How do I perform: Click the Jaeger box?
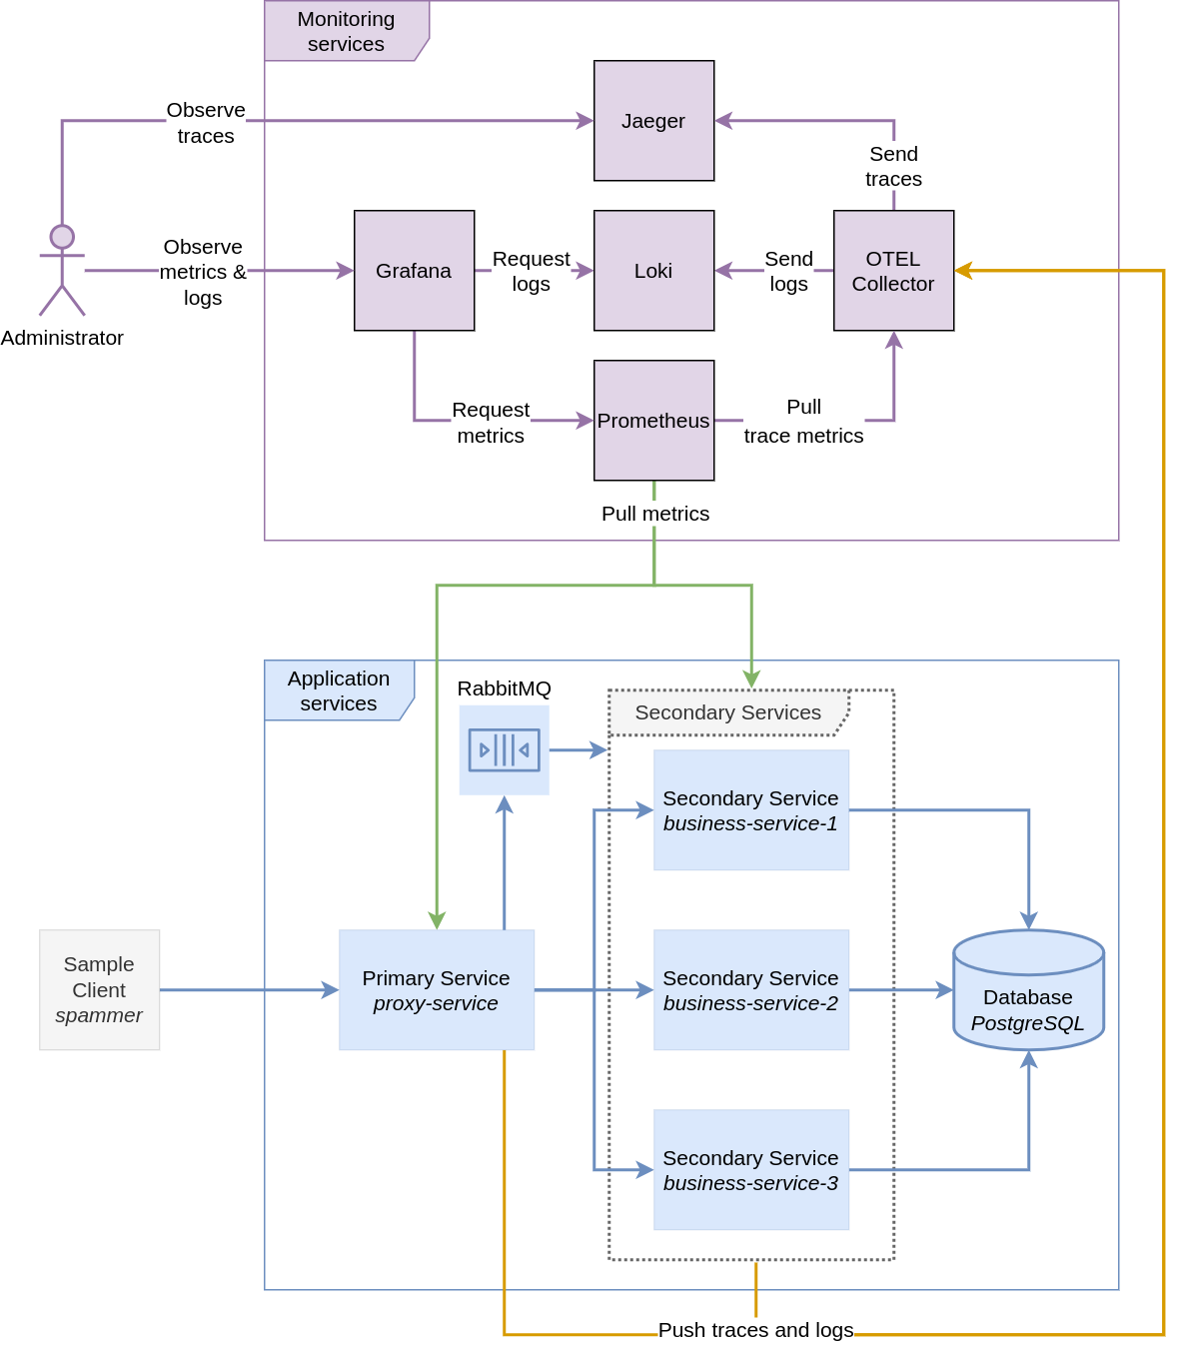(653, 121)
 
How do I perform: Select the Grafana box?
(414, 271)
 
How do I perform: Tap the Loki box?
(653, 271)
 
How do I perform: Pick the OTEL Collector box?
(893, 271)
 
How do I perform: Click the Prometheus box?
(653, 421)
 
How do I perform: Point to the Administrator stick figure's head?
(62, 237)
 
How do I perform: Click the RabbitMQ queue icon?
(504, 749)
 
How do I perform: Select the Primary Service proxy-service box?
(437, 990)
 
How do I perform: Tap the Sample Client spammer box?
(99, 990)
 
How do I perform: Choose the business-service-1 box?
(751, 810)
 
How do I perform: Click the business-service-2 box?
(751, 990)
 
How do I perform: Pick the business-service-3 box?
(751, 1170)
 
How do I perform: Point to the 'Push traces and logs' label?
(755, 1330)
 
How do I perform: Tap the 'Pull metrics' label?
(655, 514)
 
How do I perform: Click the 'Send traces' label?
(893, 167)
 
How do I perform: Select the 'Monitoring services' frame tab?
(346, 31)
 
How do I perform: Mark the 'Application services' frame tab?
(339, 690)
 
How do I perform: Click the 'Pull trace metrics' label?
(803, 422)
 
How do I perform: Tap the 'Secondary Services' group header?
(728, 712)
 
